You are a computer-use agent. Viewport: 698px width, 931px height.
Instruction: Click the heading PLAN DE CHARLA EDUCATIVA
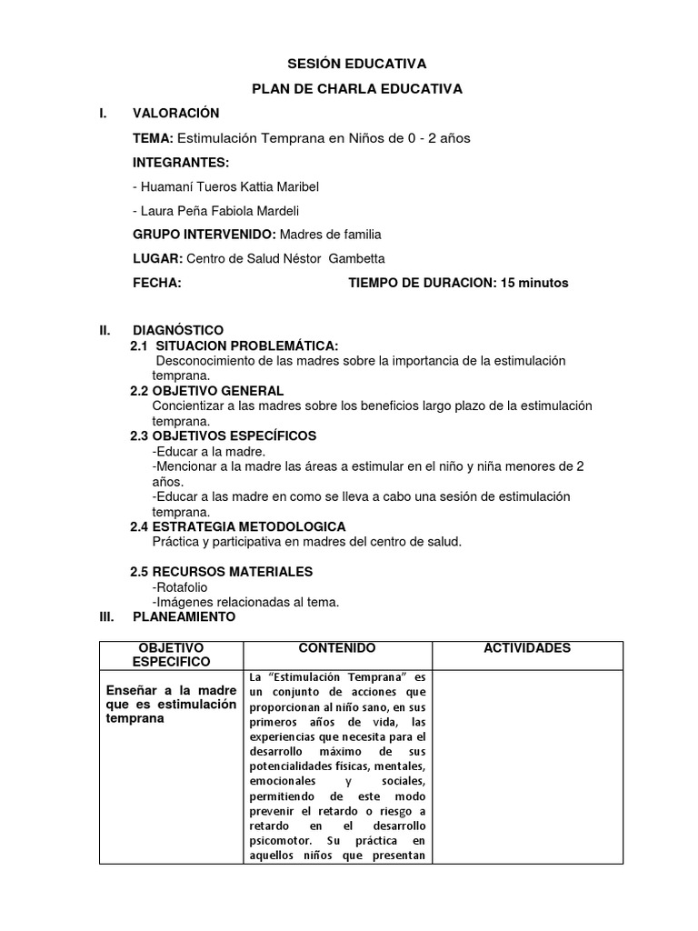coord(357,88)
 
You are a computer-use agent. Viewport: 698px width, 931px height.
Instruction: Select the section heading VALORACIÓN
coord(176,113)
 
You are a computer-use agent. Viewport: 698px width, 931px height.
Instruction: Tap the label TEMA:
coord(153,138)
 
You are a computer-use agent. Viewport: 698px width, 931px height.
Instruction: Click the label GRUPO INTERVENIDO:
coord(204,234)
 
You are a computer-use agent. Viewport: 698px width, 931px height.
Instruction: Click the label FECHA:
coord(157,283)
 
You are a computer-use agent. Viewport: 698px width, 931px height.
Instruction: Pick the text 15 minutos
coord(533,283)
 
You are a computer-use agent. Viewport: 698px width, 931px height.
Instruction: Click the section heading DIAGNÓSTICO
coord(178,329)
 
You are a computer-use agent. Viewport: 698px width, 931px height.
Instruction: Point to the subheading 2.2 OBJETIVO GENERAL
coord(208,390)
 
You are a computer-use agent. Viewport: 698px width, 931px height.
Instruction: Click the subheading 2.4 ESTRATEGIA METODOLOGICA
coord(238,526)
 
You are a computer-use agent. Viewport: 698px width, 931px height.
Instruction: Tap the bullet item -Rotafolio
coord(180,587)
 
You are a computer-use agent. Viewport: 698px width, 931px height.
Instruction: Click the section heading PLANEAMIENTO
coord(184,616)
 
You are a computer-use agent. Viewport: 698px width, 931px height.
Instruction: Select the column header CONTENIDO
coord(336,647)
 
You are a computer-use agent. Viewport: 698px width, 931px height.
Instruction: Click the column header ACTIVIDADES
coord(527,647)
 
